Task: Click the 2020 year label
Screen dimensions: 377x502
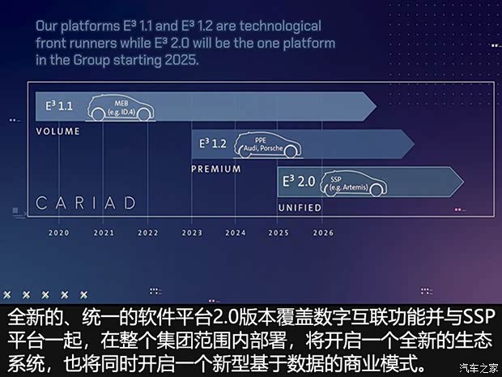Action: click(59, 233)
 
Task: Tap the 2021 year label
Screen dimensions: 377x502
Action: click(104, 233)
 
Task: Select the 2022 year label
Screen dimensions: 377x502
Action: click(147, 233)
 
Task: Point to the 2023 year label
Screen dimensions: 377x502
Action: click(192, 233)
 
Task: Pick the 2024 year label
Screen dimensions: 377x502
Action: click(236, 233)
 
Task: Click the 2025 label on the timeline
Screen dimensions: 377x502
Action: click(279, 233)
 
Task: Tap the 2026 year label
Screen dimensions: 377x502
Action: click(322, 233)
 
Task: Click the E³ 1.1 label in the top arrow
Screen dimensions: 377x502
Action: click(58, 106)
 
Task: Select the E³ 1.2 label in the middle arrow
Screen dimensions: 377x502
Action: click(214, 144)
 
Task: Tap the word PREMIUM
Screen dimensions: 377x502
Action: click(216, 169)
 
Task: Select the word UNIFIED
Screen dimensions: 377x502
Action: click(300, 208)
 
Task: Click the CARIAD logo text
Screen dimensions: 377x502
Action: click(85, 203)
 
